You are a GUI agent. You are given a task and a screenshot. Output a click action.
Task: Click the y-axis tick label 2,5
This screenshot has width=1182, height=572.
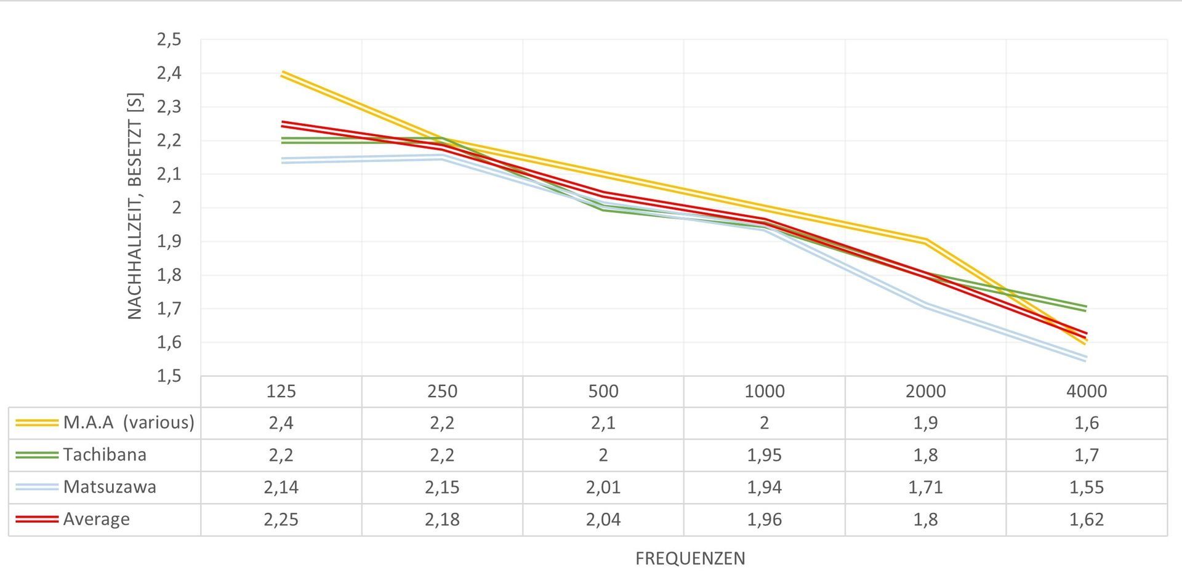[x=169, y=40]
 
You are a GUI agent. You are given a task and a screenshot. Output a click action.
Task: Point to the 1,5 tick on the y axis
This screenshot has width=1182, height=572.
[x=169, y=376]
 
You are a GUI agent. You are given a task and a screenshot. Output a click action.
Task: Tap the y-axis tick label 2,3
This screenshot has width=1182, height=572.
[x=169, y=107]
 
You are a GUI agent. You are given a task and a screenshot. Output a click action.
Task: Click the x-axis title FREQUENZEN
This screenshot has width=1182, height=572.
[x=690, y=558]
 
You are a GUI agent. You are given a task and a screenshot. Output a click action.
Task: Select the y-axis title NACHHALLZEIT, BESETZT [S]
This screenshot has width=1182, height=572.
[x=135, y=206]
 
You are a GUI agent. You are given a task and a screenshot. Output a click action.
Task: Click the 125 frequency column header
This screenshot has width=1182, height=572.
[x=281, y=391]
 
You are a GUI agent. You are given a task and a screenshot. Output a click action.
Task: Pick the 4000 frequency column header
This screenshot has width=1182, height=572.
[x=1087, y=391]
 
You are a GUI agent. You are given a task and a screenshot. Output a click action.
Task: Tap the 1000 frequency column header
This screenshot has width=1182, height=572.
[x=765, y=391]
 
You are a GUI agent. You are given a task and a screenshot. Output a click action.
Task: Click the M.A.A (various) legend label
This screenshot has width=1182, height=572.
[x=129, y=422]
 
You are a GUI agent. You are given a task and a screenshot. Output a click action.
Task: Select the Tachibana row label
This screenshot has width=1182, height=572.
[x=105, y=454]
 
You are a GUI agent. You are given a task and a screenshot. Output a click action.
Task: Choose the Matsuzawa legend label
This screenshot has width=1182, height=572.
[x=110, y=487]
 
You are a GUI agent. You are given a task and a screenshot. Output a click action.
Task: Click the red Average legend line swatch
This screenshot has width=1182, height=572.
[x=37, y=519]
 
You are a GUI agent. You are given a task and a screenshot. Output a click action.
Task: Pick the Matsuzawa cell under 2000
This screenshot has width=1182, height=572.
[x=926, y=487]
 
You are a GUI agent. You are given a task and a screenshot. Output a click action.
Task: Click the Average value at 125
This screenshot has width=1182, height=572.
[x=281, y=519]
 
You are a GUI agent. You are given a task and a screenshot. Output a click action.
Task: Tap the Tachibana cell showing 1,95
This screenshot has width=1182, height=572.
[x=765, y=455]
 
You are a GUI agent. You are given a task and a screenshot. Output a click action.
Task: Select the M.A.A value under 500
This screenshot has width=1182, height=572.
[x=603, y=423]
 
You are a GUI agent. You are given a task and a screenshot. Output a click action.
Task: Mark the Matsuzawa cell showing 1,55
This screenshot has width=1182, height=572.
[x=1087, y=487]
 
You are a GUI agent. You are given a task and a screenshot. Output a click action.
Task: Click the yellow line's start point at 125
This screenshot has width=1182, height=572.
[x=281, y=74]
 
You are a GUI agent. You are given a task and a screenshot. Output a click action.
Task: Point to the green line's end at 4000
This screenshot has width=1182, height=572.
[x=1087, y=308]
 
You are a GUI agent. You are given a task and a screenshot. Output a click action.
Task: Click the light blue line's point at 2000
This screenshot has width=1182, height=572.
[x=926, y=305]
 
